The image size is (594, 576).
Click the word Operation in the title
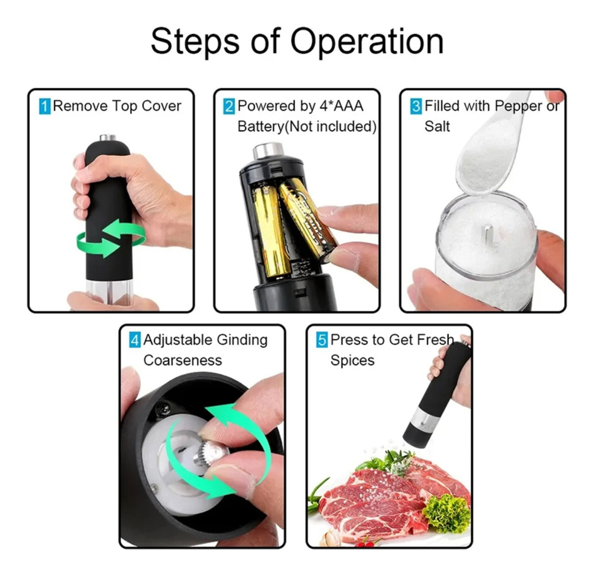pyautogui.click(x=367, y=42)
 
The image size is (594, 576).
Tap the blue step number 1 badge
pyautogui.click(x=45, y=106)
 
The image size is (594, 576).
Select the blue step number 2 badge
pyautogui.click(x=229, y=106)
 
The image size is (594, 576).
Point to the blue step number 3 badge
pyautogui.click(x=416, y=106)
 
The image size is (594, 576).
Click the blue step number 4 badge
pyautogui.click(x=135, y=340)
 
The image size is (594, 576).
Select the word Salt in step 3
pyautogui.click(x=437, y=126)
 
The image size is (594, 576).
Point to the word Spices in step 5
pyautogui.click(x=352, y=361)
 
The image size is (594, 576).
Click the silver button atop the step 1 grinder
pyautogui.click(x=108, y=138)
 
